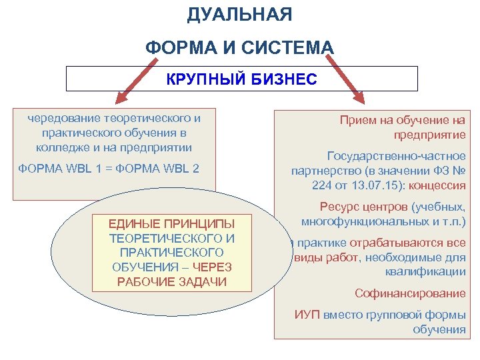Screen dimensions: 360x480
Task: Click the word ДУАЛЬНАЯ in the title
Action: pyautogui.click(x=239, y=15)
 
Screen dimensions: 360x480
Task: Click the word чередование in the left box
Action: pyautogui.click(x=61, y=118)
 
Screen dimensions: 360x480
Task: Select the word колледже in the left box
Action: pyautogui.click(x=59, y=147)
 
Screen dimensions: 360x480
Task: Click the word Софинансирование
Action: pyautogui.click(x=410, y=293)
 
